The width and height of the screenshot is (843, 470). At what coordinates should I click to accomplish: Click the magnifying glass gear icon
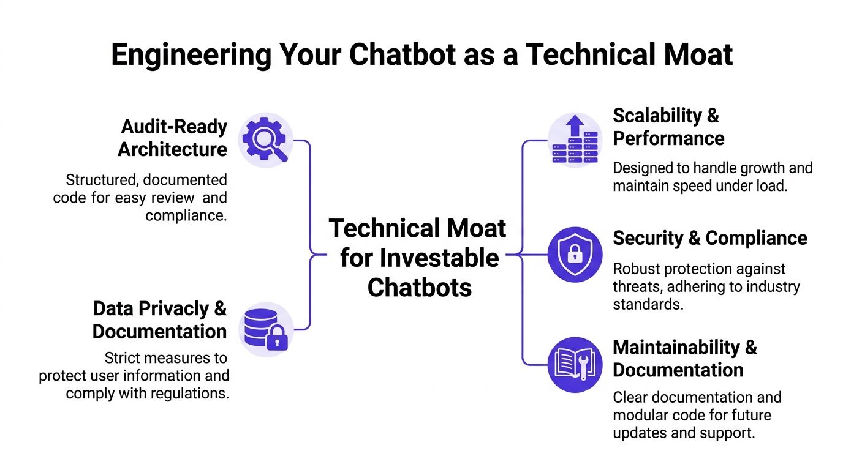[x=265, y=140]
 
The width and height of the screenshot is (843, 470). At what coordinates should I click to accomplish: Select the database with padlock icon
[x=265, y=330]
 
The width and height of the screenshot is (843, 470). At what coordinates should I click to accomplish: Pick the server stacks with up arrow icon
[x=575, y=140]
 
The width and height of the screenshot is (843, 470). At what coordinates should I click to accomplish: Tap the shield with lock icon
[x=575, y=254]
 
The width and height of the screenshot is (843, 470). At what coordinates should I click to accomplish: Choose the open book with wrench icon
[x=575, y=365]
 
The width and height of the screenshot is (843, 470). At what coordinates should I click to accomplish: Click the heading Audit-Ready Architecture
[x=173, y=138]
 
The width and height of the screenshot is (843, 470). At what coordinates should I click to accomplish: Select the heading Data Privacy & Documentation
[x=160, y=319]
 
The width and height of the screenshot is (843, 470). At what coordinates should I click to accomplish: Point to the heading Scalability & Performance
[x=668, y=127]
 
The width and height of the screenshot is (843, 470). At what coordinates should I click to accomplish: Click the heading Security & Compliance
[x=709, y=238]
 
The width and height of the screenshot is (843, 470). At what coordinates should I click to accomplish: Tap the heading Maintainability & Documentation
[x=684, y=359]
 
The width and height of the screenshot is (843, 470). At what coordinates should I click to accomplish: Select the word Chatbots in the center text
[x=420, y=287]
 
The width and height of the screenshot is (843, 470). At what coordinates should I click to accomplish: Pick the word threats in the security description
[x=637, y=286]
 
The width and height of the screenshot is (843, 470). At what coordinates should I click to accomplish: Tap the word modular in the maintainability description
[x=641, y=415]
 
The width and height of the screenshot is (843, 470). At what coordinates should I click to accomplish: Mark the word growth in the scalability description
[x=760, y=168]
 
